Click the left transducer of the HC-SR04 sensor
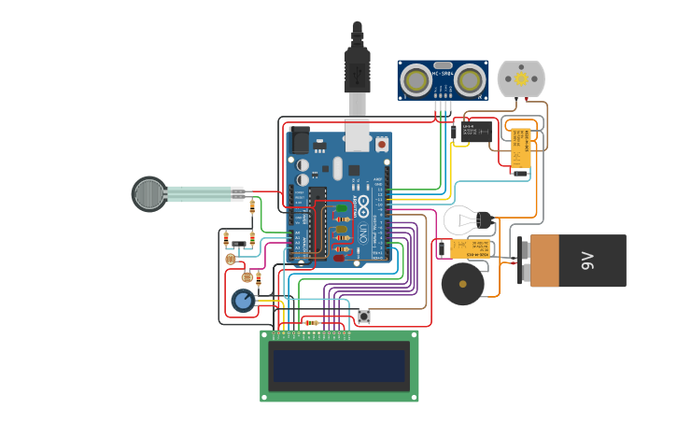coord(416,81)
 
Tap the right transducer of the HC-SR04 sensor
coord(470,81)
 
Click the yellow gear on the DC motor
coord(520,78)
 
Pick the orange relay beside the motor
coord(520,148)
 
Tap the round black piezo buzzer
coord(462,284)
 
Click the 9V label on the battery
coord(587,261)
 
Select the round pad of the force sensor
coord(148,194)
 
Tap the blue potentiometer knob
coord(243,300)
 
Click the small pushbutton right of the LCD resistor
coord(364,317)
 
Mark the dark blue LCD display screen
coord(339,365)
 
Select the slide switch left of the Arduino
coord(240,245)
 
